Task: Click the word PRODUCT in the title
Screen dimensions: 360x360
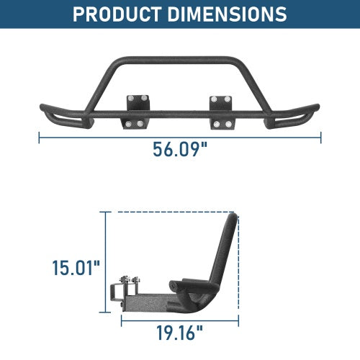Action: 120,14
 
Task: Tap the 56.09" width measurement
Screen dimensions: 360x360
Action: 180,150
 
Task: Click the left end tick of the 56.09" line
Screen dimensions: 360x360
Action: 39,135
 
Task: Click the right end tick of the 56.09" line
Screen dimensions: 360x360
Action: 321,135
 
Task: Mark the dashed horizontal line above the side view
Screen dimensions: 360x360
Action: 173,212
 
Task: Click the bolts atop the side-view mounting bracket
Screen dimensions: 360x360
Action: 128,279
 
